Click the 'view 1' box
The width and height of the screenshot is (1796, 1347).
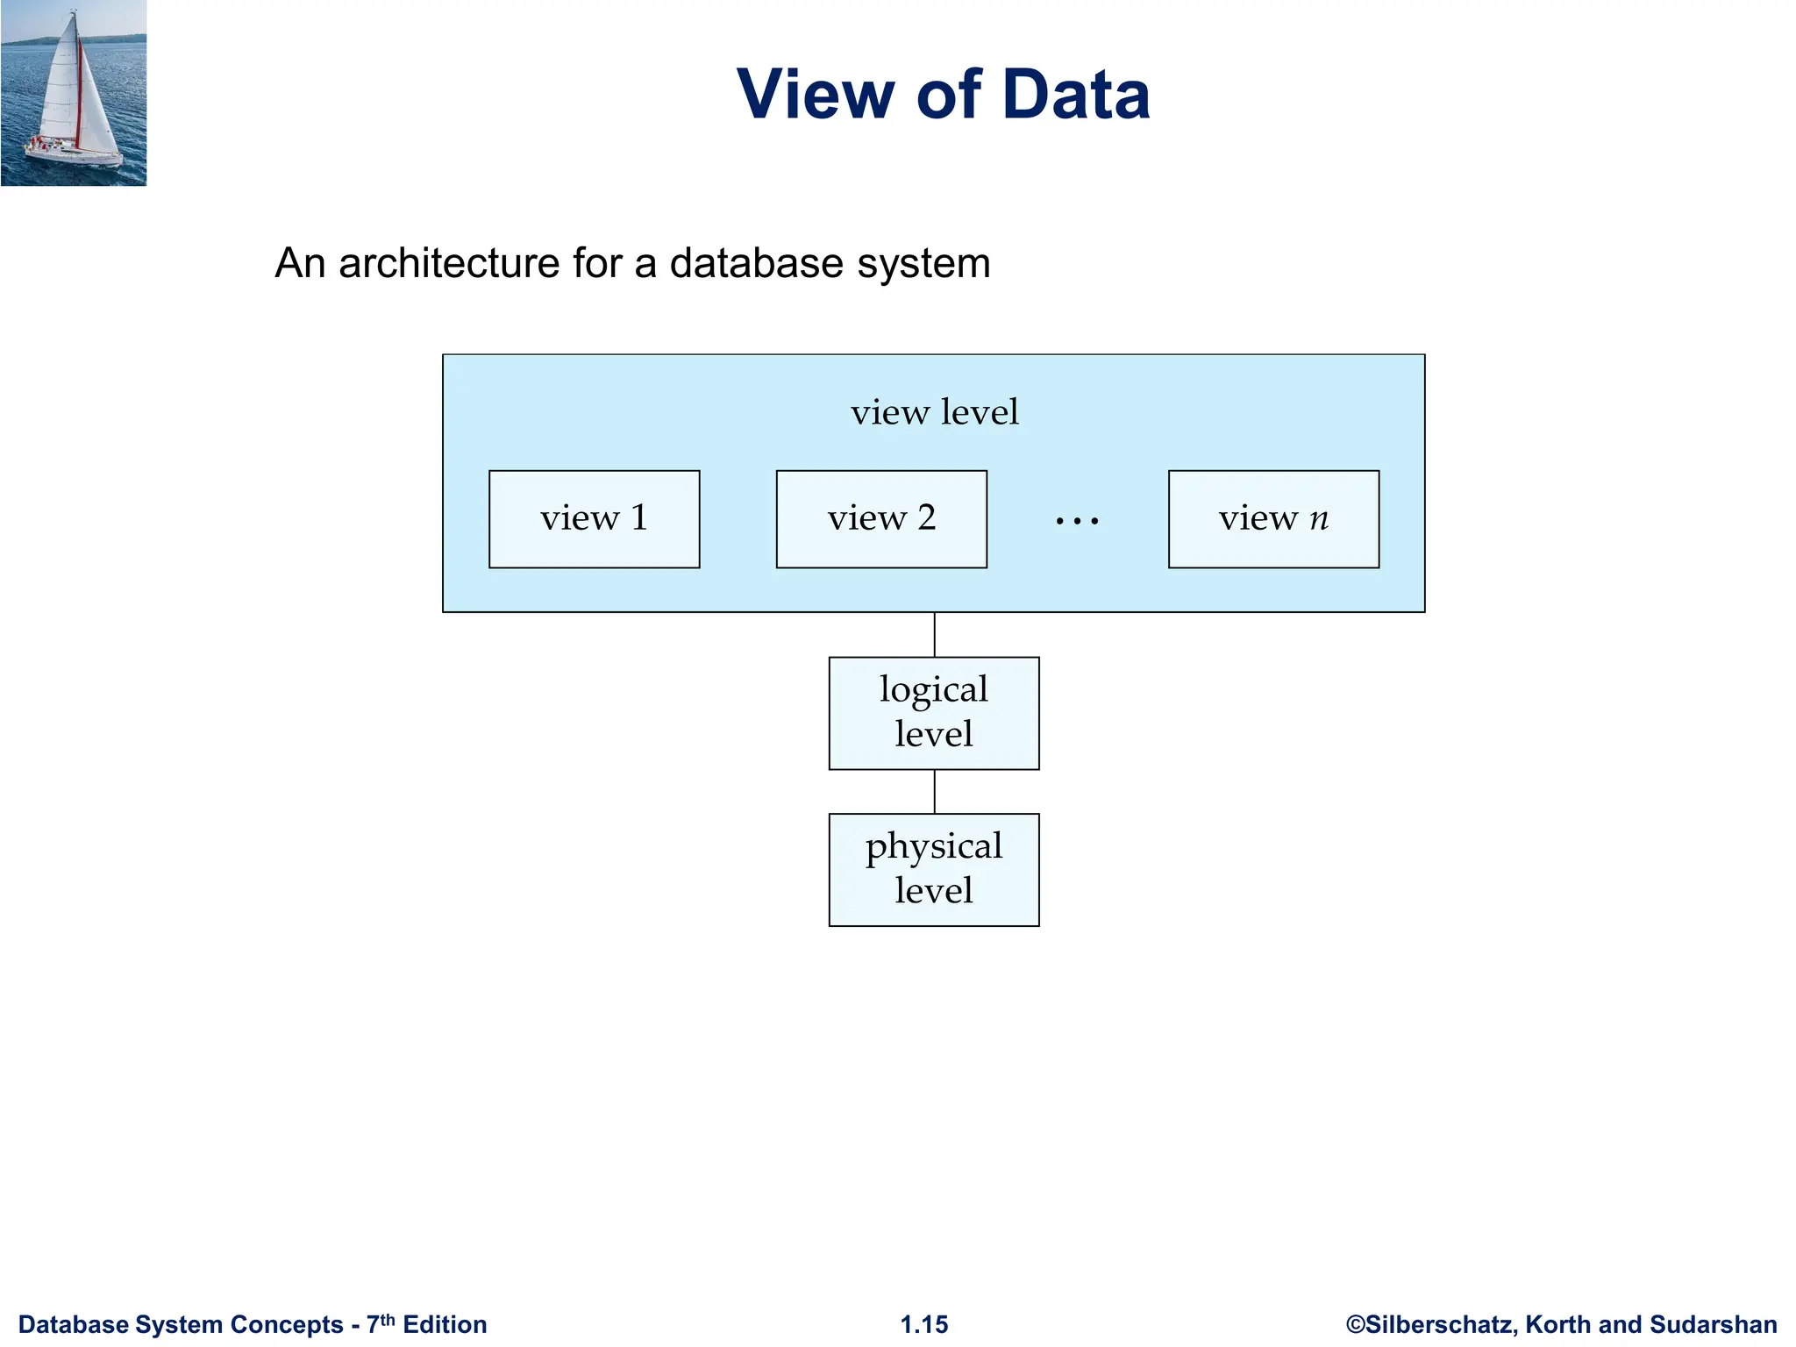(x=594, y=519)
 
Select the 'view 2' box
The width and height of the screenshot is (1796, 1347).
(x=881, y=519)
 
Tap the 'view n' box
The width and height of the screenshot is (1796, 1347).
(x=1273, y=519)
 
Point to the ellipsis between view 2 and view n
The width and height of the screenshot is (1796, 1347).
(x=1077, y=522)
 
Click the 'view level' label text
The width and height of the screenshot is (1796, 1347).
(x=934, y=412)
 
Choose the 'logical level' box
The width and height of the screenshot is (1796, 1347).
(x=934, y=713)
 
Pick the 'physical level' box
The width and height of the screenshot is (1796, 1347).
(x=934, y=869)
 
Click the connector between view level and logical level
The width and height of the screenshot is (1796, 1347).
(x=935, y=635)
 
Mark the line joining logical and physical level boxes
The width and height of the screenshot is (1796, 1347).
(x=935, y=792)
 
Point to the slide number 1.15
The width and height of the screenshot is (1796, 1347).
(x=924, y=1324)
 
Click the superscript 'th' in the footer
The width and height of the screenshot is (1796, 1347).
(x=388, y=1319)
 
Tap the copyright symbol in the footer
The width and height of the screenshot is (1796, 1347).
(x=1356, y=1324)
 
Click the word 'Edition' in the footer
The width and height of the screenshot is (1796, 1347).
(x=445, y=1324)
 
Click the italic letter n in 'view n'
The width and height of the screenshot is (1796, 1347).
(x=1319, y=519)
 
